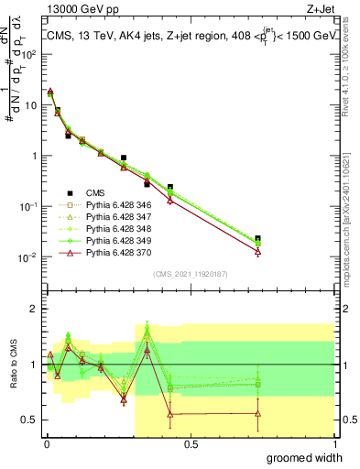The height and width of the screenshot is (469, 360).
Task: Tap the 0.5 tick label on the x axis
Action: pyautogui.click(x=191, y=444)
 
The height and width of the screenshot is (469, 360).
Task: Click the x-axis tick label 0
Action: pyautogui.click(x=47, y=444)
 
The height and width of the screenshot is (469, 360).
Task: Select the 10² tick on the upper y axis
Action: pyautogui.click(x=30, y=54)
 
